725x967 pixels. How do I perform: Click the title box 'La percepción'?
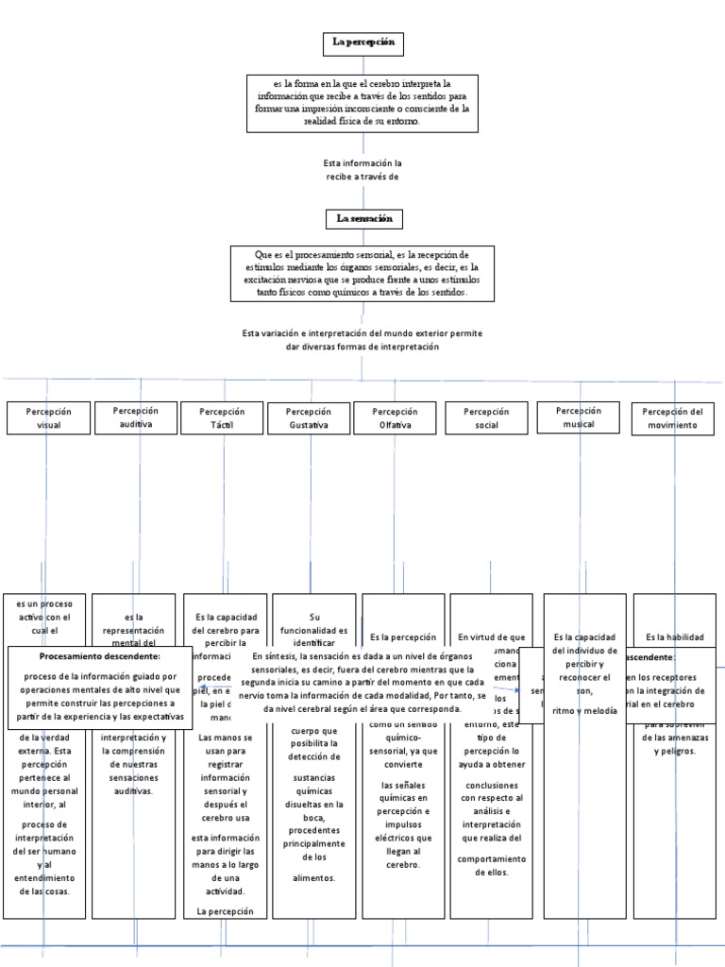[362, 42]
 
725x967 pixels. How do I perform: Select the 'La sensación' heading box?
[362, 219]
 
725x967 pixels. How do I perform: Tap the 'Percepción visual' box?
[49, 418]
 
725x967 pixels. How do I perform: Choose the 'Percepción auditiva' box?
[135, 417]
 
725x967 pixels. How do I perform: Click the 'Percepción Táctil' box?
[222, 418]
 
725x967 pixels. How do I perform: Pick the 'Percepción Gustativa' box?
[309, 418]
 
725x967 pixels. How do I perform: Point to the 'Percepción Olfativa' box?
[395, 418]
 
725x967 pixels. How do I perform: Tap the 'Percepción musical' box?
[578, 417]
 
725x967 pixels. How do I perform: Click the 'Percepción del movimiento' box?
[673, 418]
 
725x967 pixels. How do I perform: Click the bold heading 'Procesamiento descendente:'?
[100, 655]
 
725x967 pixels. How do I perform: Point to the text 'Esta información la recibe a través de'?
[362, 170]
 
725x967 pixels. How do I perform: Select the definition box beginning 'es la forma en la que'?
[362, 102]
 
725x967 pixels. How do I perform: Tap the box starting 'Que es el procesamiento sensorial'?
[362, 274]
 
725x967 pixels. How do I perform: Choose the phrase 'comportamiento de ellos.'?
[491, 865]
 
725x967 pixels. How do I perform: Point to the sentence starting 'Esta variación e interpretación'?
[362, 340]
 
